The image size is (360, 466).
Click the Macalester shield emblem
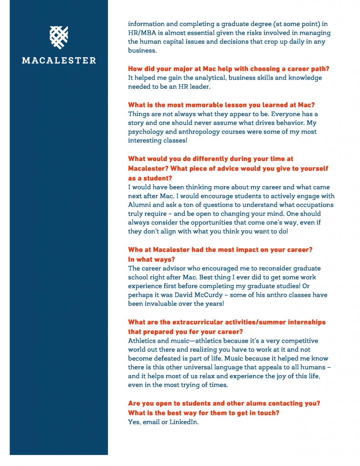pyautogui.click(x=59, y=37)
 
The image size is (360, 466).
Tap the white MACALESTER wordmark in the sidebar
pyautogui.click(x=59, y=60)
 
